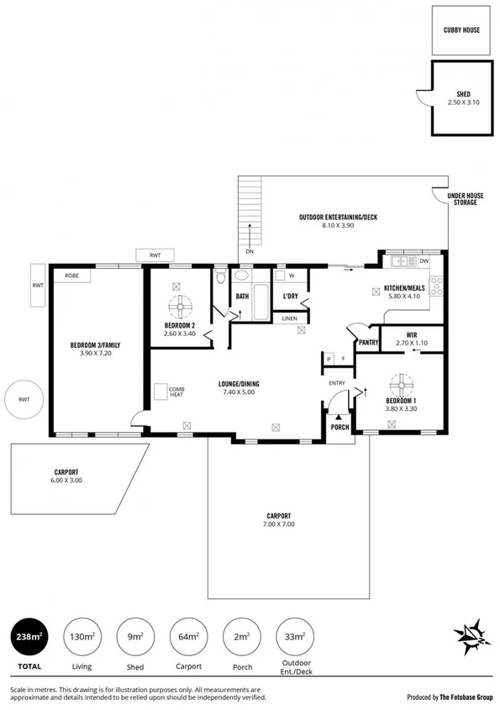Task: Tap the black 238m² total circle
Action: click(27, 637)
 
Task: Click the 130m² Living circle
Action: click(82, 637)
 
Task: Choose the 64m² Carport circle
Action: click(187, 637)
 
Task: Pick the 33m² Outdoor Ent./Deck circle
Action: click(293, 637)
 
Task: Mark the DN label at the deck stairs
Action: click(250, 251)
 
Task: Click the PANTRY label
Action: click(368, 342)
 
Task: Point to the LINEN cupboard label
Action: click(290, 318)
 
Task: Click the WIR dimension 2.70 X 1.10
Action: click(411, 343)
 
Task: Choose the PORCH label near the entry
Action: click(339, 427)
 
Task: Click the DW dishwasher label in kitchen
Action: click(424, 261)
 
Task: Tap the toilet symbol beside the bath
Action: click(220, 276)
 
